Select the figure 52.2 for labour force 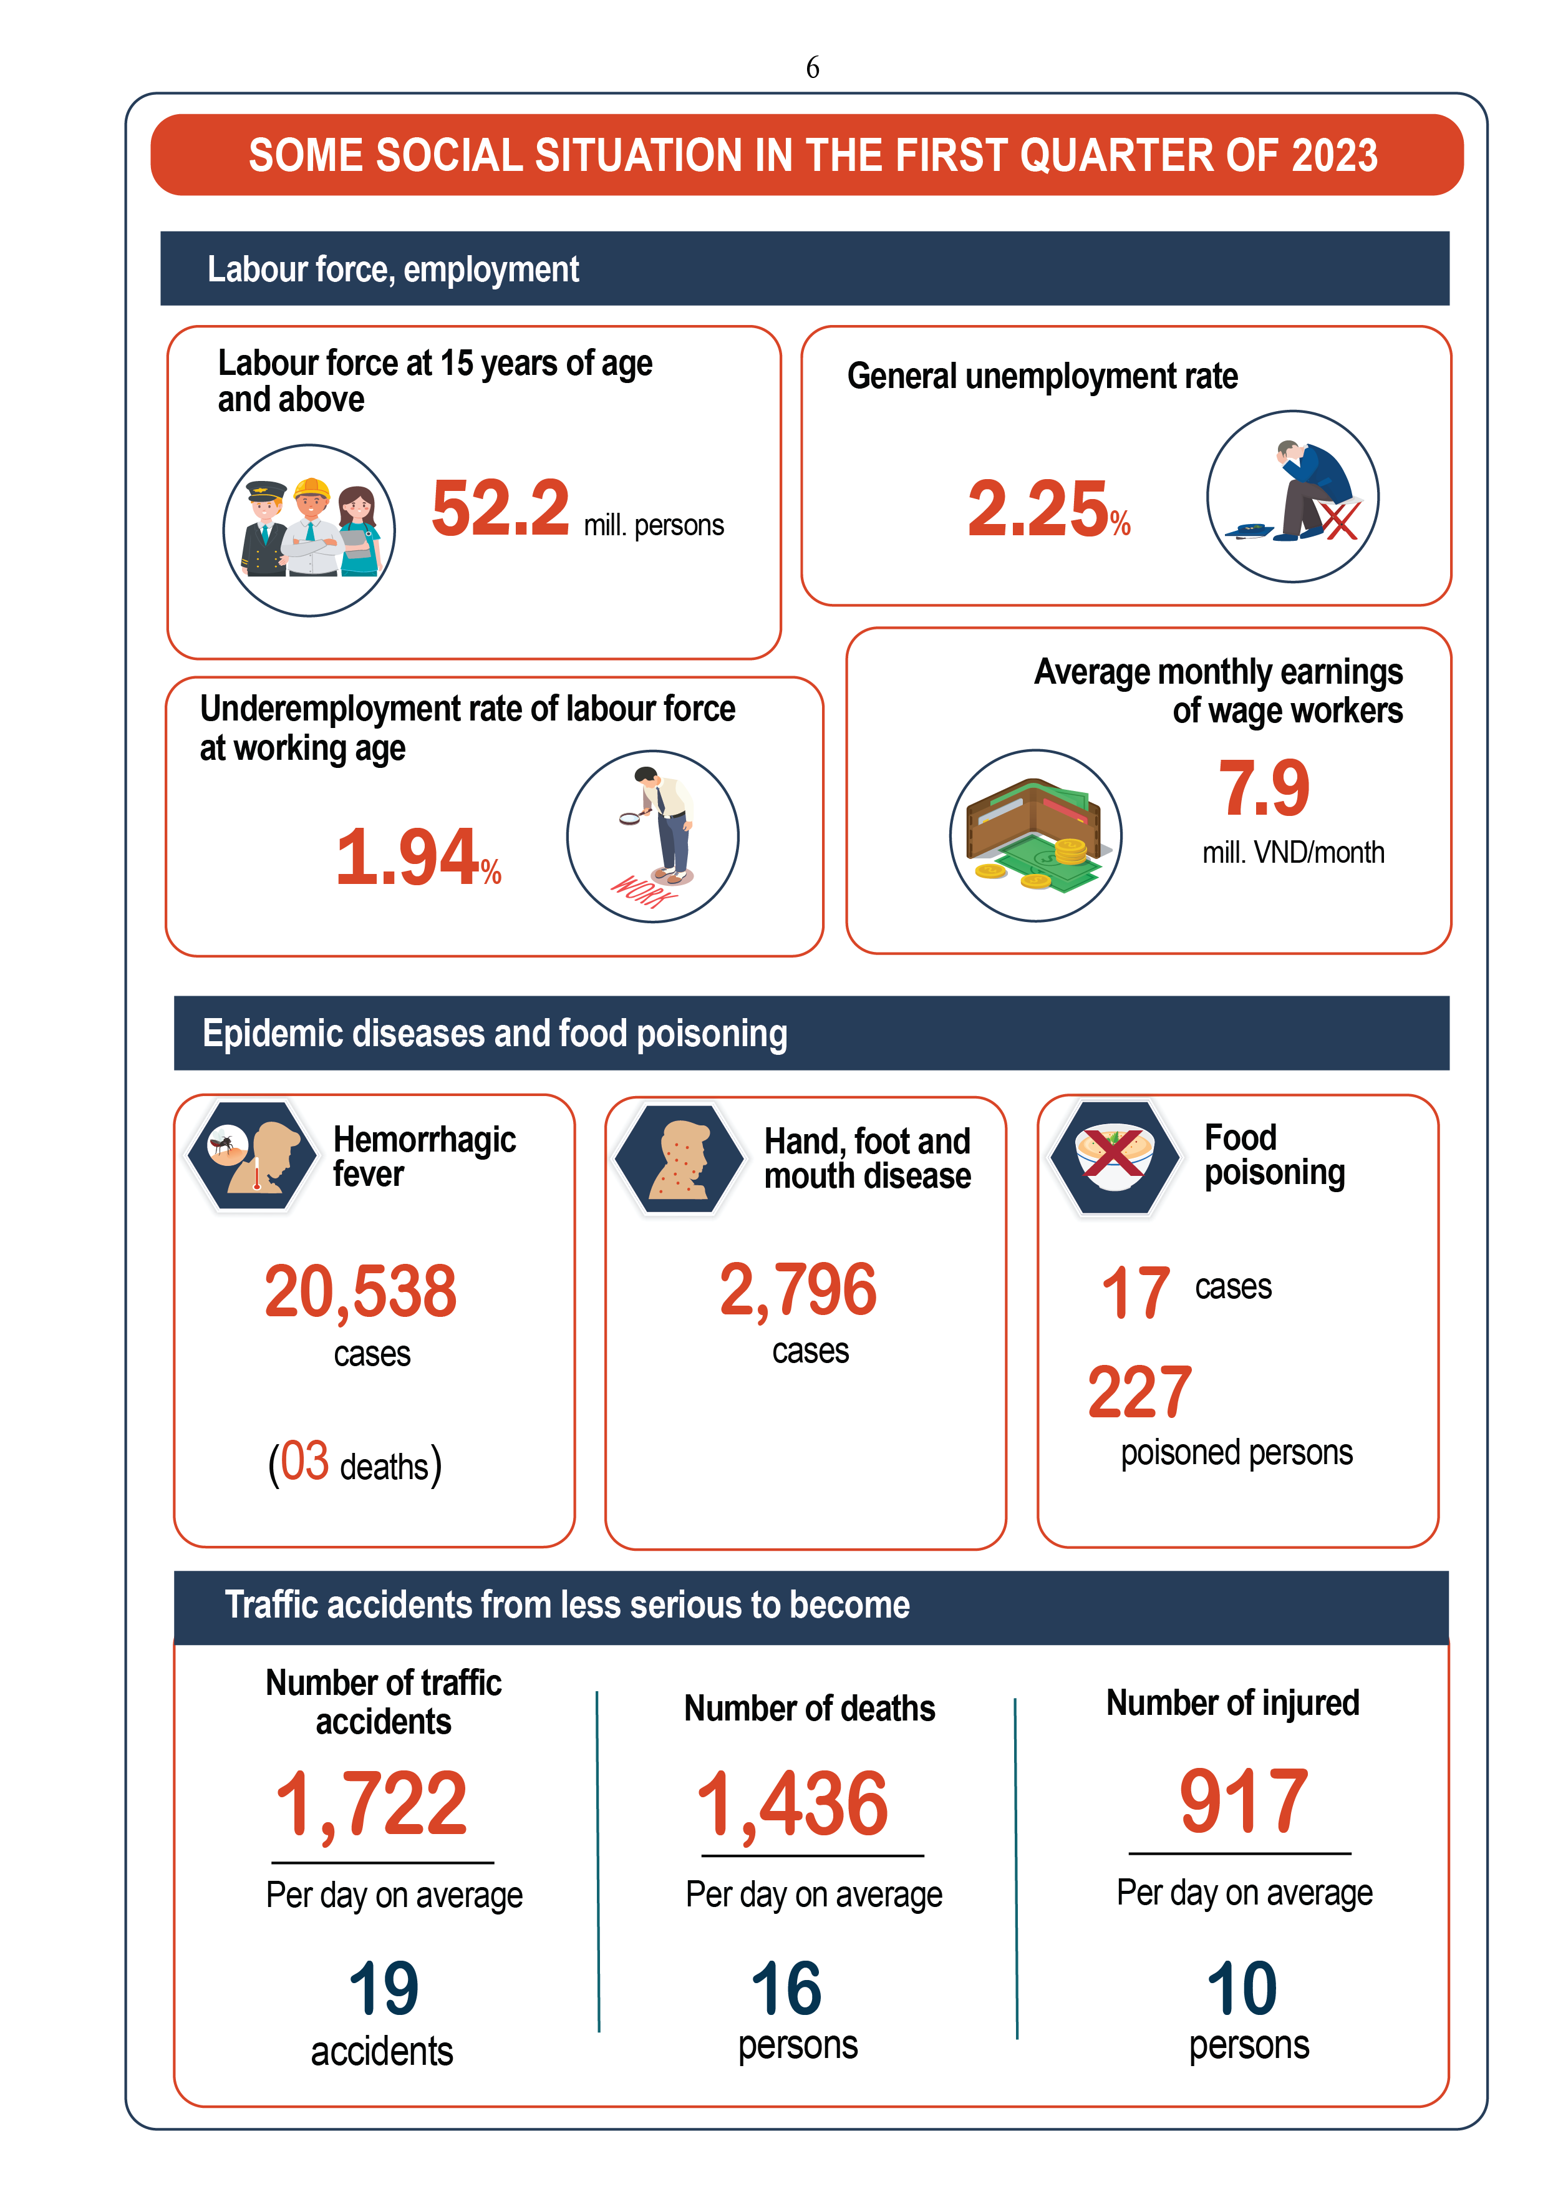click(500, 508)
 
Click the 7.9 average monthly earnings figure click(1264, 789)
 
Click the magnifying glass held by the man click(630, 817)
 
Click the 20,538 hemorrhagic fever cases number click(360, 1292)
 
